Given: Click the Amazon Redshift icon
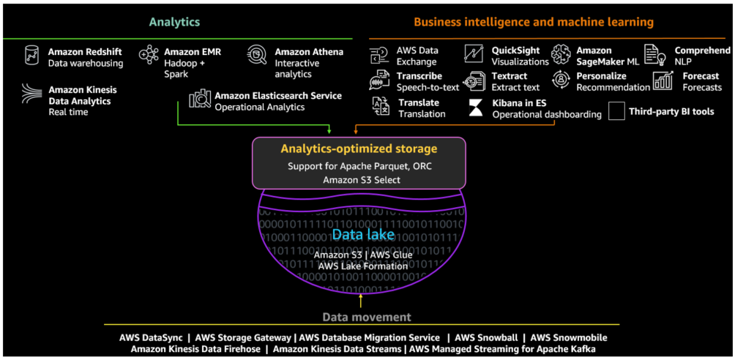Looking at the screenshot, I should tap(31, 56).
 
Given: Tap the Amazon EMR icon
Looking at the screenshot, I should tap(149, 55).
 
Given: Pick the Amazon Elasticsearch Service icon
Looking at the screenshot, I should tap(200, 100).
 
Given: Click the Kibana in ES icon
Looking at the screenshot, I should tap(476, 108).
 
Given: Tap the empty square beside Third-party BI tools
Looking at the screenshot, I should tap(616, 111).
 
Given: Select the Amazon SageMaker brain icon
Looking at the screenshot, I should tap(561, 53).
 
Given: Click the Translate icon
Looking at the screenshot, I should tap(380, 107).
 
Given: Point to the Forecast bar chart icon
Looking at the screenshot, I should tap(663, 80).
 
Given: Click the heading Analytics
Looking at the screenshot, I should tap(174, 22).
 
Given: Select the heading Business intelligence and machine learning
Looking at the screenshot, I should tap(533, 22).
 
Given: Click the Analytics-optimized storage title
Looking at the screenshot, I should tap(359, 149).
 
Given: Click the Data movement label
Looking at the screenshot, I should tap(367, 317).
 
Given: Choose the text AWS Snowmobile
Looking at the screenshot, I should tap(569, 337).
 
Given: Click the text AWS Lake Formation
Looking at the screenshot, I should tap(363, 266).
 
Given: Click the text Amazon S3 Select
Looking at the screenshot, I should tap(359, 179).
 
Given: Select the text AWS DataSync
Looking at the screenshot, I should tap(150, 337).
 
